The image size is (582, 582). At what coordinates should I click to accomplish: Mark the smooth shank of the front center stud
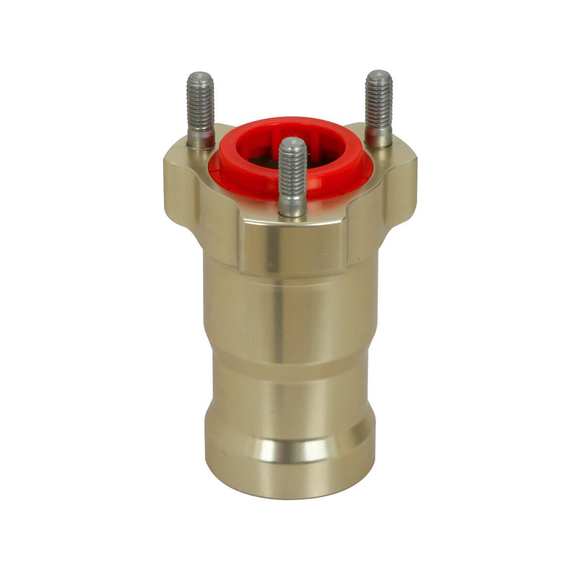[x=292, y=206]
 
